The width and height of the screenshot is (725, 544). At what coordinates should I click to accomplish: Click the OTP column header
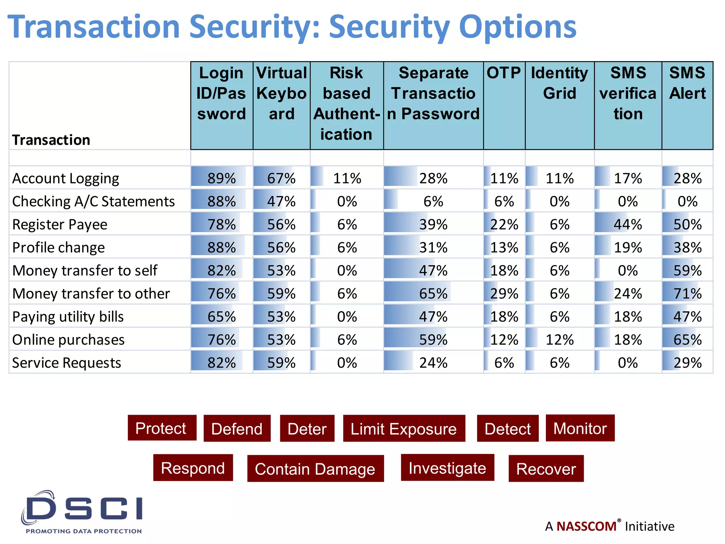pos(504,73)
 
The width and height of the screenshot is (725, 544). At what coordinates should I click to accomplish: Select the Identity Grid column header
pos(559,83)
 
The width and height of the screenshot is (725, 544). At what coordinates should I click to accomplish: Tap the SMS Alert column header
pos(687,83)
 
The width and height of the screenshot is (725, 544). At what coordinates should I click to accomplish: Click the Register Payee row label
pos(59,225)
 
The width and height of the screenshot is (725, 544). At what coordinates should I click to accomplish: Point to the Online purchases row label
pos(68,340)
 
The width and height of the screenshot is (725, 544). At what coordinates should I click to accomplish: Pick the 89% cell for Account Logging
pos(222,178)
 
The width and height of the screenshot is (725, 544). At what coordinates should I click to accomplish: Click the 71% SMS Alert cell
pos(687,294)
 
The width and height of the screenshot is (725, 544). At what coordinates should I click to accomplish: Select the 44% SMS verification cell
pos(628,225)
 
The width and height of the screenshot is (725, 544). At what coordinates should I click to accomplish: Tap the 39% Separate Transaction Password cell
pos(433,225)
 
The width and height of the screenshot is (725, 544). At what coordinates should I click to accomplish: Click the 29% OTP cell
pos(504,294)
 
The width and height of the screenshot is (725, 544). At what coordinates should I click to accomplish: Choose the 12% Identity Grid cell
pos(559,340)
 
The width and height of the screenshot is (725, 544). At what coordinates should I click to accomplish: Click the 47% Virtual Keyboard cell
pos(281,202)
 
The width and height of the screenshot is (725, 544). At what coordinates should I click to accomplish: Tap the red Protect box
pos(162,428)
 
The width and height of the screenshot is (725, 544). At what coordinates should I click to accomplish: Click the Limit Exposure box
pos(404,429)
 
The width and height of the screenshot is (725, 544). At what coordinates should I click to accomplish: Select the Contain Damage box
pos(315,469)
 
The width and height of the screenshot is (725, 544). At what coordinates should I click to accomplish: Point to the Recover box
pos(546,469)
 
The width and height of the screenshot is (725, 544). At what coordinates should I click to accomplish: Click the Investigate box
pos(447,468)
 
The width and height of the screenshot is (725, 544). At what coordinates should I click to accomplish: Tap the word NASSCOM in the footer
pos(586,526)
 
